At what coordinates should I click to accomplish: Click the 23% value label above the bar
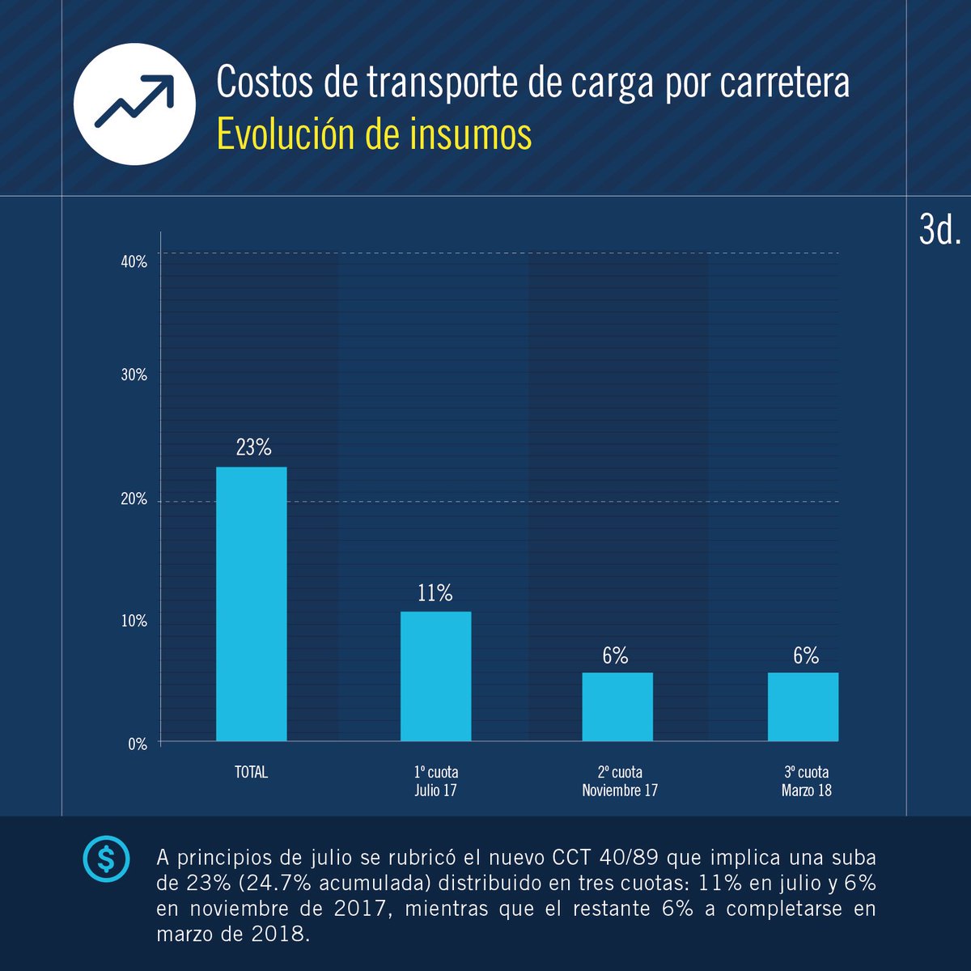pyautogui.click(x=253, y=447)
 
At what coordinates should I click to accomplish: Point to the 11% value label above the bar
pyautogui.click(x=435, y=593)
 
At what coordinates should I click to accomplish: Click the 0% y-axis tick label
pyautogui.click(x=138, y=744)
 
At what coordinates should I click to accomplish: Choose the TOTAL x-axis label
pyautogui.click(x=251, y=773)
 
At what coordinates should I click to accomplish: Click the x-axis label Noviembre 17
pyautogui.click(x=620, y=791)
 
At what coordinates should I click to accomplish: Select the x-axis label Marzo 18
pyautogui.click(x=806, y=791)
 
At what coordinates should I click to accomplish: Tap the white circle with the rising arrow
pyautogui.click(x=134, y=104)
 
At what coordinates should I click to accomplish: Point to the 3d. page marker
pyautogui.click(x=939, y=231)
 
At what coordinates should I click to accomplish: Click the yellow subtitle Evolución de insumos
pyautogui.click(x=374, y=134)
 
